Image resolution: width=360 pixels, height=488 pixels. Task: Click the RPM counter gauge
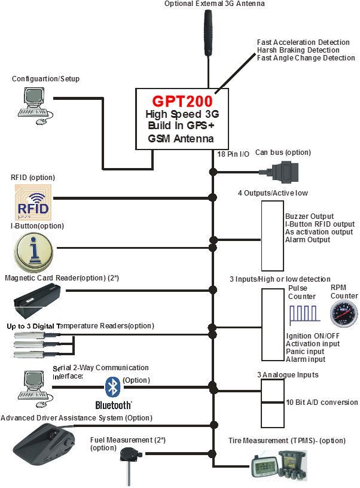point(344,312)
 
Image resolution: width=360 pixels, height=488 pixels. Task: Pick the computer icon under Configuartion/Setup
point(32,103)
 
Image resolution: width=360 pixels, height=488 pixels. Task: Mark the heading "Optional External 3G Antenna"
point(206,4)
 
